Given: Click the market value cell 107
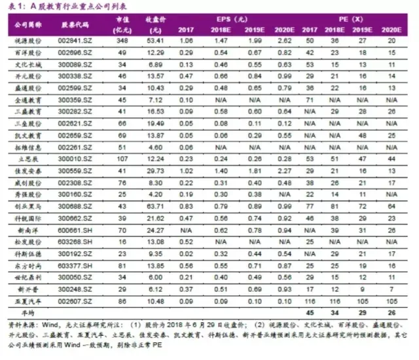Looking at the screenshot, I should click(120, 159).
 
